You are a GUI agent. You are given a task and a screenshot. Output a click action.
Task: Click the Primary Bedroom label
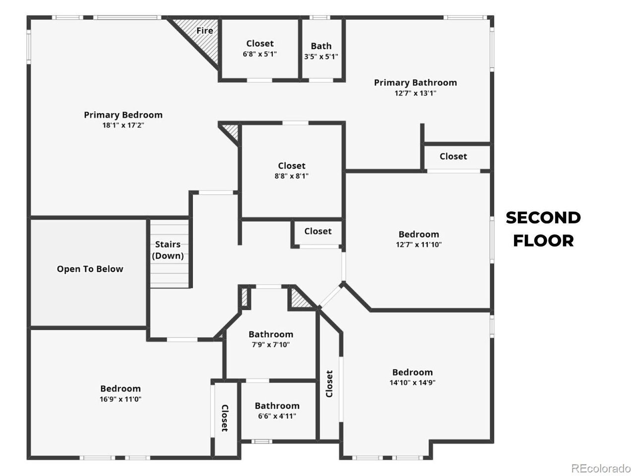click(123, 115)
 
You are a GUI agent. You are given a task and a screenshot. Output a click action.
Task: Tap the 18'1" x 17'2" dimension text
click(123, 125)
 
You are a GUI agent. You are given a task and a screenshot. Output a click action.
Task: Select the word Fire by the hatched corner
click(204, 30)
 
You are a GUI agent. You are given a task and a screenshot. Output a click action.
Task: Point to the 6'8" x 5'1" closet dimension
click(260, 54)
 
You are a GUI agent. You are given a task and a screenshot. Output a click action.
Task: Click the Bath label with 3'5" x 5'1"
click(321, 46)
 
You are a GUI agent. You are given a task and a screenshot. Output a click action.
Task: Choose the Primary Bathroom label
click(415, 83)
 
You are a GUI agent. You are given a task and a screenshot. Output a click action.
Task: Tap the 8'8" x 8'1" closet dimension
click(292, 176)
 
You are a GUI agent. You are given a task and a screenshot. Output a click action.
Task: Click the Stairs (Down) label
click(168, 250)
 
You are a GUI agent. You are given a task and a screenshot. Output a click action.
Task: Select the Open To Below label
click(90, 269)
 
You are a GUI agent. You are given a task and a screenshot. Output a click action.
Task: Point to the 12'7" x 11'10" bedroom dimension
click(419, 244)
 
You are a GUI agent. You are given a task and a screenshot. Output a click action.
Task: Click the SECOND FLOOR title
click(543, 229)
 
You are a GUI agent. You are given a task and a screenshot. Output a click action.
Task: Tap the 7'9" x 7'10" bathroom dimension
click(271, 344)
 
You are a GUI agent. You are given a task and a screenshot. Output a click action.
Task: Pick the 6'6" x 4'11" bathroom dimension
click(277, 416)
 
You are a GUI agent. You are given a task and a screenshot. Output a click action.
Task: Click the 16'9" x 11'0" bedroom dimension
click(121, 399)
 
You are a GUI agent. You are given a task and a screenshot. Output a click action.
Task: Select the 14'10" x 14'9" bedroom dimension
click(412, 382)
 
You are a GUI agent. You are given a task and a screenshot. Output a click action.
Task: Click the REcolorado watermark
click(601, 468)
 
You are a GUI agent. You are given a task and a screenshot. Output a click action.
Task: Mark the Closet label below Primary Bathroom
click(453, 156)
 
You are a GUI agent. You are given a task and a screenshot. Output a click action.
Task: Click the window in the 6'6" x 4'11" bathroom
click(261, 441)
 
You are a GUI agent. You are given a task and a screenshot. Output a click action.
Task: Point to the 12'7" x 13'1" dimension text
click(415, 93)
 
